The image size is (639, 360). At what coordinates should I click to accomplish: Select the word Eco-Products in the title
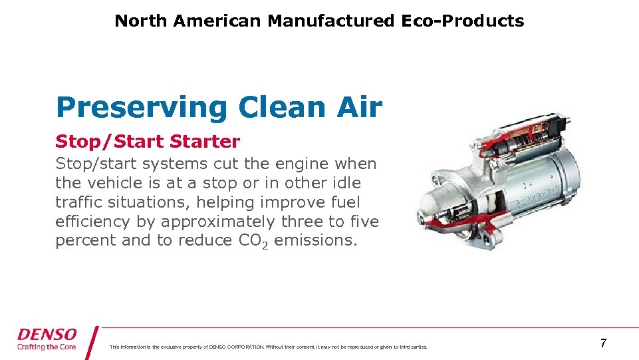(462, 21)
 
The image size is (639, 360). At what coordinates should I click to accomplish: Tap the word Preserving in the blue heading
(142, 107)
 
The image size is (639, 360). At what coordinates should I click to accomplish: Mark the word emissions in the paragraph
(315, 241)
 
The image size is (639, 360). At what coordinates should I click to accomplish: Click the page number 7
(603, 343)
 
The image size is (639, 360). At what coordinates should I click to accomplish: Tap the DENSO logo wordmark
(47, 335)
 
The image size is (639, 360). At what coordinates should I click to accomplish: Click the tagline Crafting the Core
(47, 347)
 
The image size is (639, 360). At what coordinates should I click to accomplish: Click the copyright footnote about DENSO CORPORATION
(268, 347)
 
